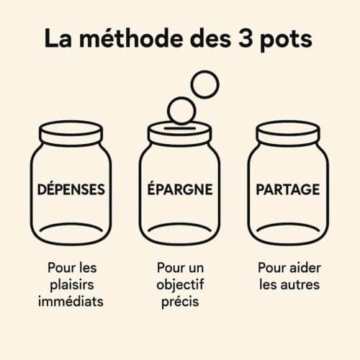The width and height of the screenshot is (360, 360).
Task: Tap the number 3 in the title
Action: [x=245, y=39]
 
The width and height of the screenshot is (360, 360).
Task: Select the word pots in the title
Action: [x=286, y=40]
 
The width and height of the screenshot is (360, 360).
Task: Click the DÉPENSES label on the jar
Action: [x=71, y=189]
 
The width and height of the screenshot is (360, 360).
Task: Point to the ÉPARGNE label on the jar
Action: [x=180, y=189]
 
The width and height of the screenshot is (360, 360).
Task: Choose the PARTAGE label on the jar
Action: [x=288, y=189]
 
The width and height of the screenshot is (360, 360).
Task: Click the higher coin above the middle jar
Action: [x=205, y=84]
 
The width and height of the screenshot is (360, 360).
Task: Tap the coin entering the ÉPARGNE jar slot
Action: [x=181, y=110]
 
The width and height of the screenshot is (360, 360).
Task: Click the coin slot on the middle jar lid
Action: [x=180, y=128]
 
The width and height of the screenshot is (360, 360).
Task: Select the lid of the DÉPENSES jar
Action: [x=71, y=134]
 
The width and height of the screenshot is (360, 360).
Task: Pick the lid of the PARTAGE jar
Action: [x=288, y=134]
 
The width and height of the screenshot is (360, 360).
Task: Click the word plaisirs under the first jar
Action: [x=72, y=285]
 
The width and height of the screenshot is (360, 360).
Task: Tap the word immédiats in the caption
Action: [x=71, y=301]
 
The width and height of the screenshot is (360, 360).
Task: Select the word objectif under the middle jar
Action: [x=180, y=285]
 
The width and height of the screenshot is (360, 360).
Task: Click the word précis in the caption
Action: [x=180, y=302]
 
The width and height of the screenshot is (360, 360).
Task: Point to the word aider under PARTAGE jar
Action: [x=305, y=268]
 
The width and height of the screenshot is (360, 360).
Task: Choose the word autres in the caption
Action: [x=300, y=285]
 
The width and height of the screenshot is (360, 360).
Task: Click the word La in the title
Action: [x=58, y=39]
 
